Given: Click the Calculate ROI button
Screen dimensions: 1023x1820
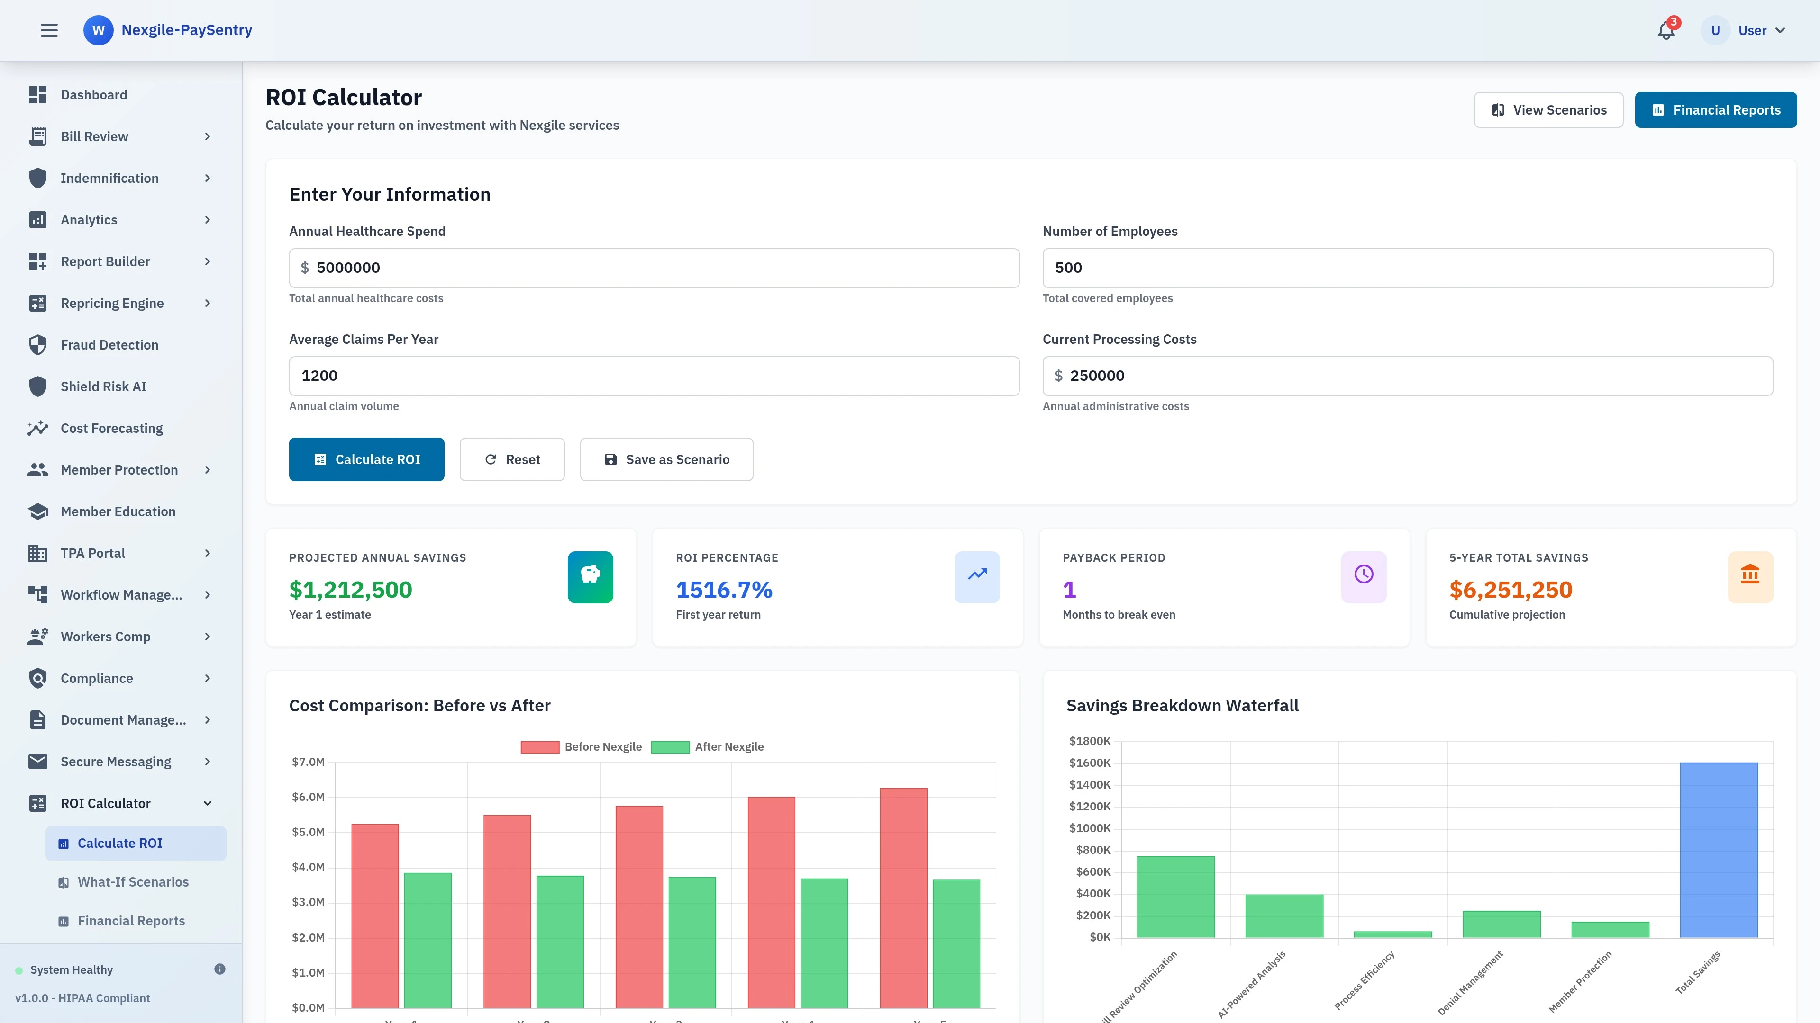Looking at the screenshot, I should (366, 459).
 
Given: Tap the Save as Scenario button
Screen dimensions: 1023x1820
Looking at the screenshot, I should (666, 459).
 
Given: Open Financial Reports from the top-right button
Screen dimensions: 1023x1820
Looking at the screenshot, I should (1715, 110).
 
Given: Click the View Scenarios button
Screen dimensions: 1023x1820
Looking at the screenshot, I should (1548, 110).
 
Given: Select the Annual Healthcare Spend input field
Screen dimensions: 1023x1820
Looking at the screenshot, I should (654, 268).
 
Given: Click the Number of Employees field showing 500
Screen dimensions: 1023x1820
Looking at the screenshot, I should (1407, 268).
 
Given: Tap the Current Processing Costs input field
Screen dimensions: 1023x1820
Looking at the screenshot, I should (1407, 376).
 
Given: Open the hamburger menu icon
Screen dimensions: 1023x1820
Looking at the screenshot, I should (49, 30).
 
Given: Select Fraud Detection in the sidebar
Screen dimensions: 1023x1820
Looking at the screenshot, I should (109, 344).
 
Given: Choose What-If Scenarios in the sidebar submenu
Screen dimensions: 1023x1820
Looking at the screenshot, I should (133, 882).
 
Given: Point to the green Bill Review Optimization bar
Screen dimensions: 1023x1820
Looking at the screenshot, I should (1175, 897).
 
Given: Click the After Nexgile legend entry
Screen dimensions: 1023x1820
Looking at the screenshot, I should (707, 747).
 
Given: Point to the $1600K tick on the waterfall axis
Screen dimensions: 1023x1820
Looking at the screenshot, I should (1090, 763).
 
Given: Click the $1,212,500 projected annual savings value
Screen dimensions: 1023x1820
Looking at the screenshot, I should (350, 590).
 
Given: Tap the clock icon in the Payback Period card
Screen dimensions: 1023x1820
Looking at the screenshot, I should (1363, 574).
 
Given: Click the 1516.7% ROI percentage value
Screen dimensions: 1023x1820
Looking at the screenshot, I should (723, 590).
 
